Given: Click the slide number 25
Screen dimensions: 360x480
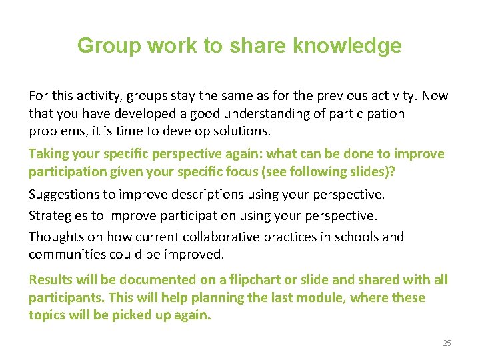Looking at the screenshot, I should point(447,343).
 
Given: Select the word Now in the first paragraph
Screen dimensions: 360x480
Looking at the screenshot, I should point(435,96).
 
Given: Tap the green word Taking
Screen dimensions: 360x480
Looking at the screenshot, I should point(49,153).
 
